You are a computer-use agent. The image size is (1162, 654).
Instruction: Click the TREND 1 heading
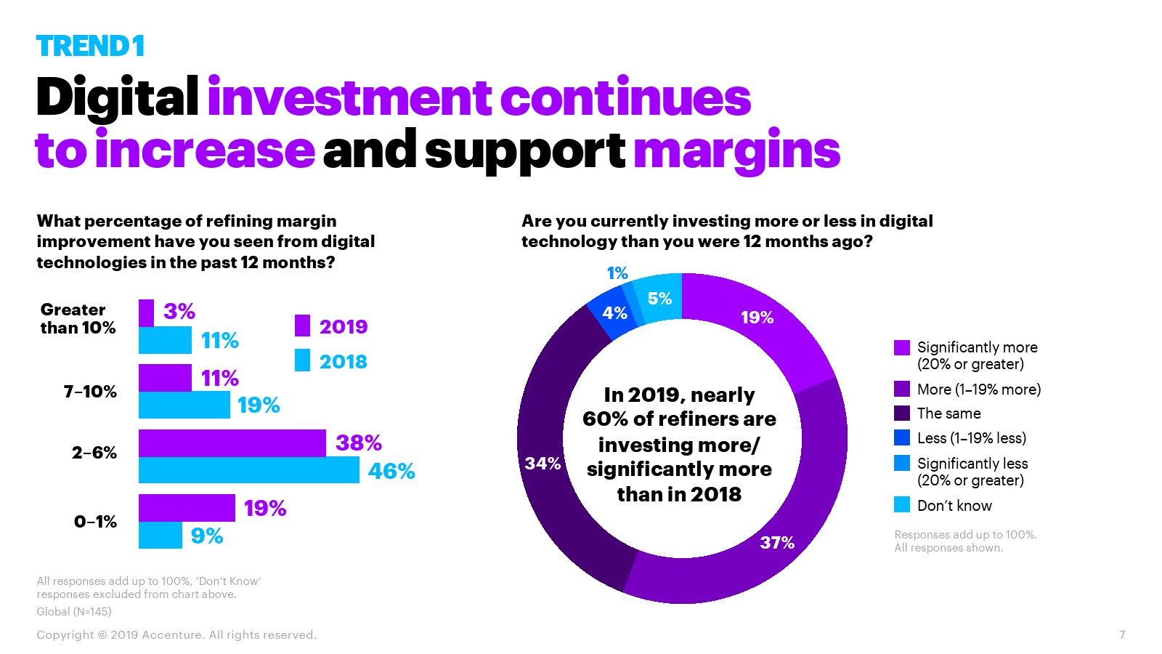90,47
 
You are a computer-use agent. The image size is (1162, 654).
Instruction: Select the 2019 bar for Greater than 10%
146,313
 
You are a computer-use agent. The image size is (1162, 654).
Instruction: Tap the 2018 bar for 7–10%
184,405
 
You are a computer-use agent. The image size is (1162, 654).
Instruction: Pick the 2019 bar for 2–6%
232,443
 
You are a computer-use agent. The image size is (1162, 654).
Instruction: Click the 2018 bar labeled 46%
248,470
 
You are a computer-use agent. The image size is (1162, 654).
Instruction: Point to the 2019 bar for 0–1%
187,508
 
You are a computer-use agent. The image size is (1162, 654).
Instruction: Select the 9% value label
206,536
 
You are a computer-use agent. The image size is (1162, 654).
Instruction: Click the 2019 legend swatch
302,326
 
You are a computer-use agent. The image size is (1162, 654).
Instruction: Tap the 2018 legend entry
343,361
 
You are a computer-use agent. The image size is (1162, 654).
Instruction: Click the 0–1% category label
95,522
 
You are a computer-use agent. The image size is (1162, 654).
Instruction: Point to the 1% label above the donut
617,273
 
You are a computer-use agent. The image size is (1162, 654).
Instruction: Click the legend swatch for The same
902,413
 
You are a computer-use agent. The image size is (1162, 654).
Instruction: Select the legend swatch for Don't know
902,504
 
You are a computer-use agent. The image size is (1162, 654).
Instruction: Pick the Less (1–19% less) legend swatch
902,437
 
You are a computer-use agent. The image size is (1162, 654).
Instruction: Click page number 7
1122,634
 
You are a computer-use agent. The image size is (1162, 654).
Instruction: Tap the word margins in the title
736,150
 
